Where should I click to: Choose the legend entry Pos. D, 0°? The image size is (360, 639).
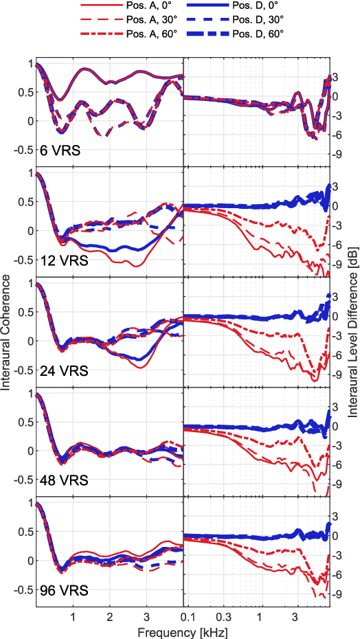(261, 7)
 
